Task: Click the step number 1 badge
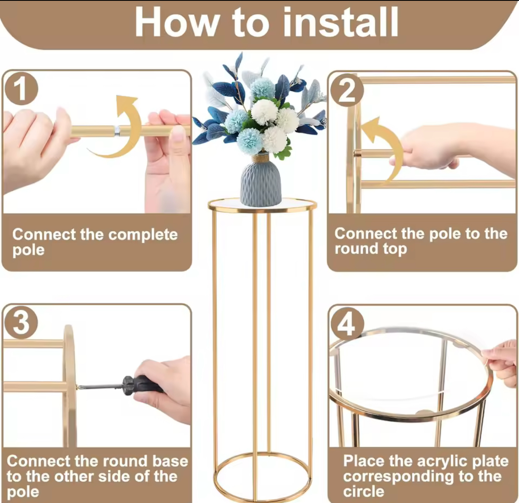click(21, 89)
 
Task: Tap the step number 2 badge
click(347, 91)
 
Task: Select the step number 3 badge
click(21, 323)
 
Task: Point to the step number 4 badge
click(347, 323)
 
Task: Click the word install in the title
click(340, 23)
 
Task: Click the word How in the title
click(176, 23)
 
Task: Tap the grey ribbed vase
click(261, 182)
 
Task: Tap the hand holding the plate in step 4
click(501, 360)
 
